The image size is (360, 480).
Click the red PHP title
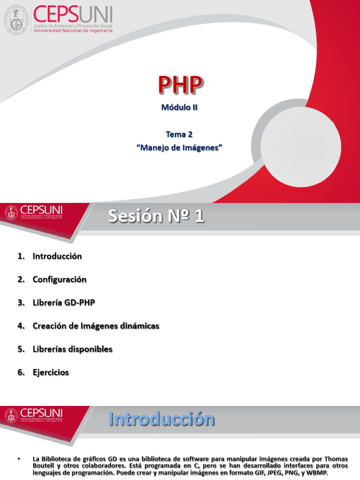(180, 86)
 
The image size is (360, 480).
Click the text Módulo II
(180, 107)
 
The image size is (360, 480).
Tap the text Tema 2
(180, 134)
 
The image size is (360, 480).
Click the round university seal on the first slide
(17, 19)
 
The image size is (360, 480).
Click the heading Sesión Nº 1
(156, 217)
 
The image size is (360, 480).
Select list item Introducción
(57, 256)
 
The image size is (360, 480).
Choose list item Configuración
(60, 279)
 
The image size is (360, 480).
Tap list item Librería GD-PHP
(64, 303)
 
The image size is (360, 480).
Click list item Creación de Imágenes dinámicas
(96, 326)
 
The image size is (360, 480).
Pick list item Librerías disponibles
(73, 349)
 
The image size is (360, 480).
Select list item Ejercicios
(51, 373)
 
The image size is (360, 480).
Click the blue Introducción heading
(162, 419)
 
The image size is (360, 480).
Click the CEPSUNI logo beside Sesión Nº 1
(34, 212)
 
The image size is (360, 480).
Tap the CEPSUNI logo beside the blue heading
(34, 415)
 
